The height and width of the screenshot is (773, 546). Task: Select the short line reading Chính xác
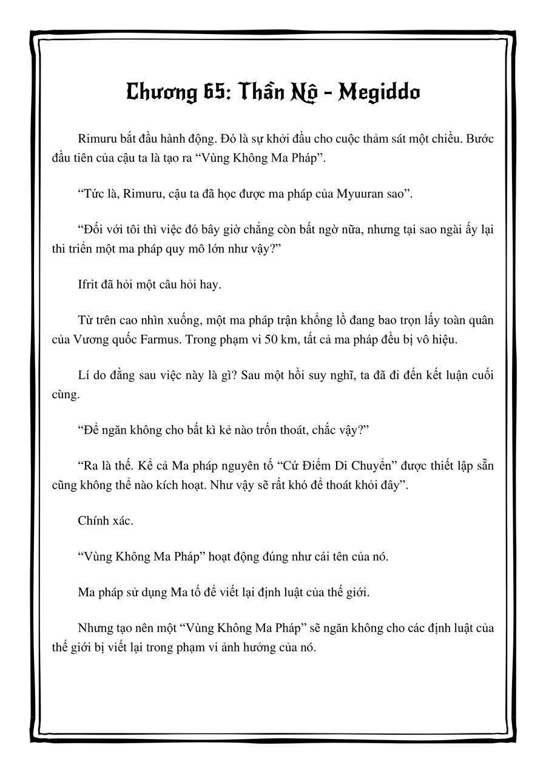point(99,520)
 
